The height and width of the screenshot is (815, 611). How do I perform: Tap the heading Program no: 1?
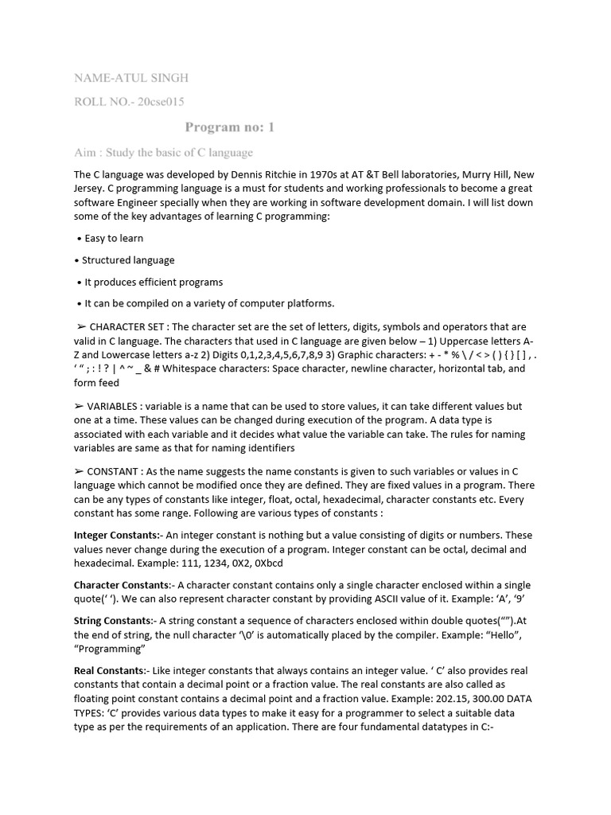pos(230,127)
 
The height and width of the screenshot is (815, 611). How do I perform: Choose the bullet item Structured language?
pos(128,260)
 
